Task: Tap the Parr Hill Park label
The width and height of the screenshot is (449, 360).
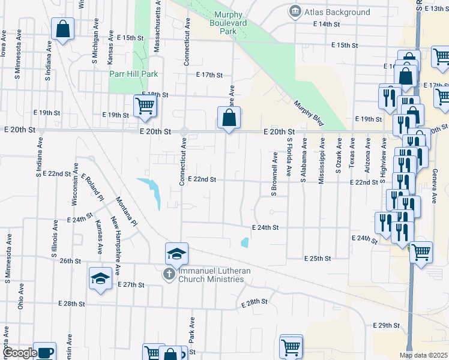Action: coord(133,74)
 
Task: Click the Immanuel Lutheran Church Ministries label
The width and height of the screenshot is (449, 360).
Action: coord(214,275)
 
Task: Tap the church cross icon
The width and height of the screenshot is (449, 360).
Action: coord(170,275)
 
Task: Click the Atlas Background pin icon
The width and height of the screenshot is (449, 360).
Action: coord(295,11)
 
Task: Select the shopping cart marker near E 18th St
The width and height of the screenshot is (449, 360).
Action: coord(145,106)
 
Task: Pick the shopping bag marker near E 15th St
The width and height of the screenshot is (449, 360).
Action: coord(62,29)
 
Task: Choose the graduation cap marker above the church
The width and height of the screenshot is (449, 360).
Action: coord(177,254)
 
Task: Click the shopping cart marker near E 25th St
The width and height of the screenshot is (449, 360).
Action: coord(421,252)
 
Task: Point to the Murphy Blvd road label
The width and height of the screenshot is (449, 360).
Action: coord(309,112)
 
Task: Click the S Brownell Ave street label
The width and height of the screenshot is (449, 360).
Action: coord(274,173)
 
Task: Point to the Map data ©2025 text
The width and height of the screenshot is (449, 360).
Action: coord(423,355)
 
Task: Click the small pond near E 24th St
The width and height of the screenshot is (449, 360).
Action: coord(244,242)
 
